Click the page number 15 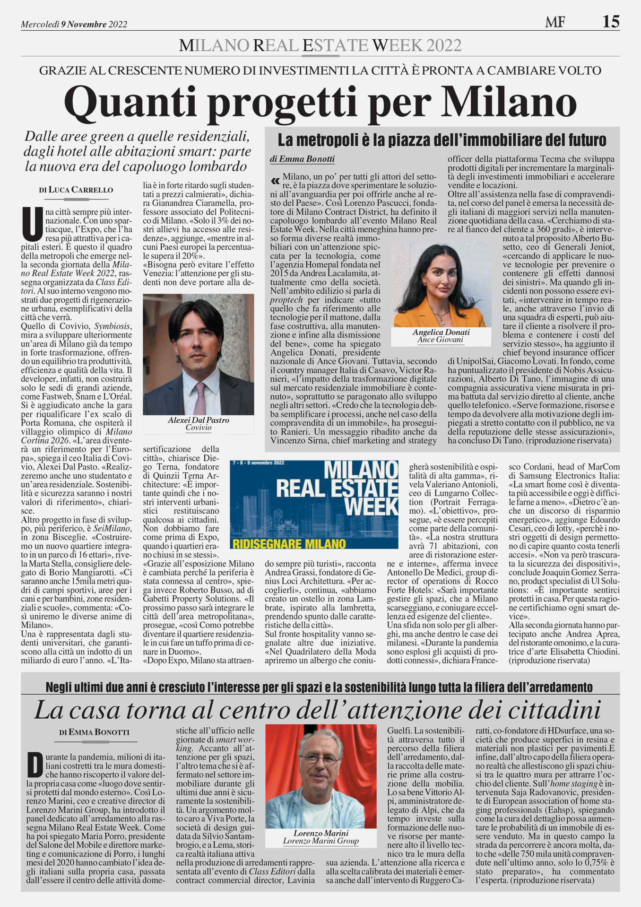click(611, 21)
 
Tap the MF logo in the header click(555, 22)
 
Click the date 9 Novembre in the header click(83, 24)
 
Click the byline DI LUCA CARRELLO click(76, 190)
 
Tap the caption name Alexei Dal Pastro click(198, 420)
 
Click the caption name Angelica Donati click(441, 332)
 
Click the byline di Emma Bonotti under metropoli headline click(302, 159)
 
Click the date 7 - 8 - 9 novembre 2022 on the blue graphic click(258, 462)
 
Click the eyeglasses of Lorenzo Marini click(320, 757)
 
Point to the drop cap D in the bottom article click(35, 765)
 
